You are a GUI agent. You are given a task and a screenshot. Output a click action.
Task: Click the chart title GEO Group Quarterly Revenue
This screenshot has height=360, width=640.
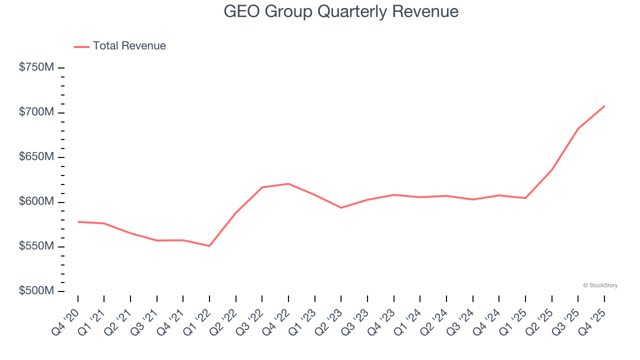(x=341, y=11)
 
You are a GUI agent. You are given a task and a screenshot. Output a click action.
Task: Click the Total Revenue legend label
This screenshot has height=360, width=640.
(x=129, y=46)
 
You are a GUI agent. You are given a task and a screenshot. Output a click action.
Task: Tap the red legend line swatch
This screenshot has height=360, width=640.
(x=81, y=46)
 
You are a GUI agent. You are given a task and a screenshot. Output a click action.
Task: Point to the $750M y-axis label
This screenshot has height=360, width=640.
(x=36, y=67)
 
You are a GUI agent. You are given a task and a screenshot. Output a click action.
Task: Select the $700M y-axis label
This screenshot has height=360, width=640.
(x=36, y=112)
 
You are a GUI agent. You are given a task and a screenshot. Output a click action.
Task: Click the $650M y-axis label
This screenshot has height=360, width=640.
(x=36, y=157)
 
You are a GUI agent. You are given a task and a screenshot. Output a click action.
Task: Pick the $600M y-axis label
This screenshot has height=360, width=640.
(x=36, y=201)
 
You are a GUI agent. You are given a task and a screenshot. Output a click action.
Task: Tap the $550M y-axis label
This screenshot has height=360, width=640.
(x=36, y=246)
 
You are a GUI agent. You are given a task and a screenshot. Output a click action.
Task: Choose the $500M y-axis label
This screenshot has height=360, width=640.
(x=36, y=291)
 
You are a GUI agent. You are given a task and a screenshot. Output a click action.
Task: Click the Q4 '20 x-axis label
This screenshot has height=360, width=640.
(x=65, y=322)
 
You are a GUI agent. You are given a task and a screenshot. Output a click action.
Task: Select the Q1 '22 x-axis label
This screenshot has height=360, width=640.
(x=196, y=322)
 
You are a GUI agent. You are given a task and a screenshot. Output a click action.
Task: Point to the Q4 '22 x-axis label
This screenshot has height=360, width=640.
(x=275, y=322)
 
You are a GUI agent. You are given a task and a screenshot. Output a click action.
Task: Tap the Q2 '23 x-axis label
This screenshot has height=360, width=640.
(x=328, y=322)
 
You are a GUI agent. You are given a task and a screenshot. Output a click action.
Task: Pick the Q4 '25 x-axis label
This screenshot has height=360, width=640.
(x=591, y=322)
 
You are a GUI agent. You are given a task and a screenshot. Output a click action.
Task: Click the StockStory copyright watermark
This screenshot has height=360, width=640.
(x=600, y=285)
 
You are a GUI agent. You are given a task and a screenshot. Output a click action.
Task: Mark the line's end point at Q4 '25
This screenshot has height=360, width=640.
(x=604, y=106)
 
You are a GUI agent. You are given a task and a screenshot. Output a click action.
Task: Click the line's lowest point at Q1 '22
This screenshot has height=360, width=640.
(x=209, y=246)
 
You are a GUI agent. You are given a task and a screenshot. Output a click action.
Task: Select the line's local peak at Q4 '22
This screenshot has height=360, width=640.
(x=288, y=183)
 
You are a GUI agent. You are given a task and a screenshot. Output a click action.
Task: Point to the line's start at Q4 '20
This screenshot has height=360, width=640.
(x=78, y=221)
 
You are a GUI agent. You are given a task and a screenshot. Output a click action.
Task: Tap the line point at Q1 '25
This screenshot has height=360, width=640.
(x=525, y=198)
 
